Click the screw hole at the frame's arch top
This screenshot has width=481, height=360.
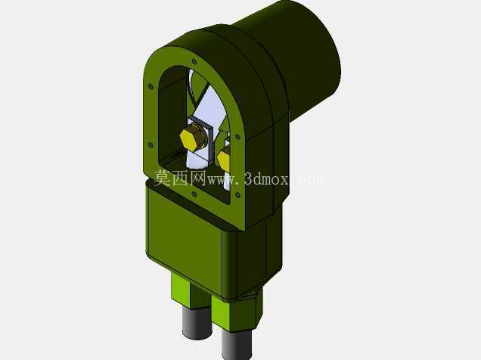(194, 62)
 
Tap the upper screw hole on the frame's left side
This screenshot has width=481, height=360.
(151, 87)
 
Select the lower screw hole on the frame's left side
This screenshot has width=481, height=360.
(151, 144)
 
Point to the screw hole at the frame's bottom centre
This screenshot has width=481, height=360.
(194, 194)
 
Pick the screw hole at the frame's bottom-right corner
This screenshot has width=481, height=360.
(237, 195)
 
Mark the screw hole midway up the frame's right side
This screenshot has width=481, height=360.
(237, 137)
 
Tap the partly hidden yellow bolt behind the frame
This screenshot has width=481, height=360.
(224, 158)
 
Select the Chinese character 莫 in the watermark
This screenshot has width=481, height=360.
(162, 178)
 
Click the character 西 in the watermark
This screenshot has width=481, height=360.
(180, 178)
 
